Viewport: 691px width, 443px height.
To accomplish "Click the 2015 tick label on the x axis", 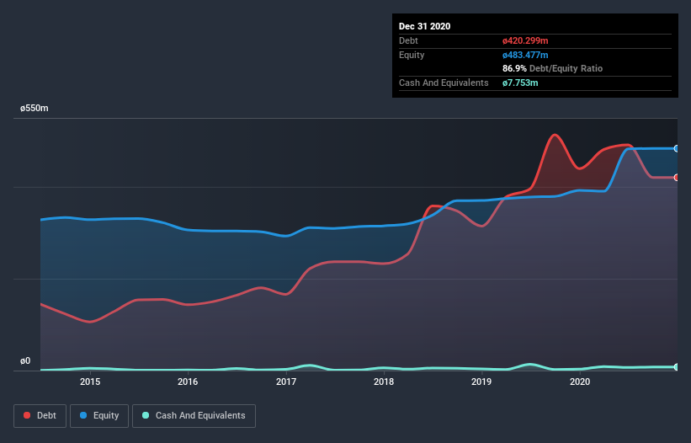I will coord(90,382).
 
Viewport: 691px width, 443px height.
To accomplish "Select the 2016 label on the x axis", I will coord(188,382).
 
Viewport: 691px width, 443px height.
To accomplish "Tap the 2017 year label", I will coord(286,382).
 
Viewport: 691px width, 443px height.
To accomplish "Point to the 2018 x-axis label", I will coord(384,382).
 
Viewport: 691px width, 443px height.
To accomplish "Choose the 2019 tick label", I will coord(481,382).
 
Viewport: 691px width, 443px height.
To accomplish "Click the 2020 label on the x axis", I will coord(580,382).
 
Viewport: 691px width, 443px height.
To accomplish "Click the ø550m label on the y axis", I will coord(35,109).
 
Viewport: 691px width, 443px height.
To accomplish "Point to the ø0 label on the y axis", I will coord(25,361).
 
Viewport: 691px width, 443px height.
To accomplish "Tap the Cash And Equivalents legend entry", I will coord(194,415).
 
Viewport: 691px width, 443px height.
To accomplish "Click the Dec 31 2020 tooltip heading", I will coord(424,26).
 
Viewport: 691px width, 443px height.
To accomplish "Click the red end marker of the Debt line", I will coord(676,178).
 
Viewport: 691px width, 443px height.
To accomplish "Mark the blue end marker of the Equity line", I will coord(676,148).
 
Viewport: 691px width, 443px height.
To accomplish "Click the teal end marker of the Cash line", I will coord(676,367).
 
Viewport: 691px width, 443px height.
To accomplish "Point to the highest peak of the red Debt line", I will coord(554,135).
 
